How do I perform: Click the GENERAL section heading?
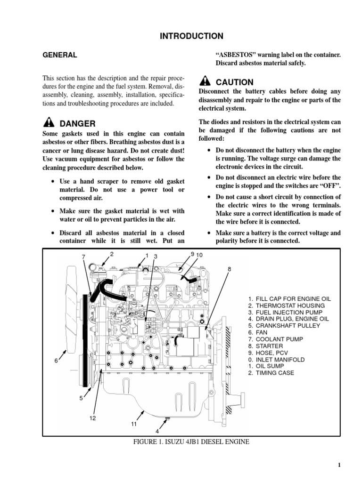point(59,55)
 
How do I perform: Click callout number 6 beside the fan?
point(56,360)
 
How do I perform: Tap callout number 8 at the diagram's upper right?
point(230,269)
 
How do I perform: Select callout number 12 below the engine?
point(93,418)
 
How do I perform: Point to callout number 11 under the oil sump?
point(133,424)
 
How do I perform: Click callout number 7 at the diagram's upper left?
point(83,257)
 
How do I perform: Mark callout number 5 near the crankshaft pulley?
point(81,398)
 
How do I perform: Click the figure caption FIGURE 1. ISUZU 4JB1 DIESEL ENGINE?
point(191,442)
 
